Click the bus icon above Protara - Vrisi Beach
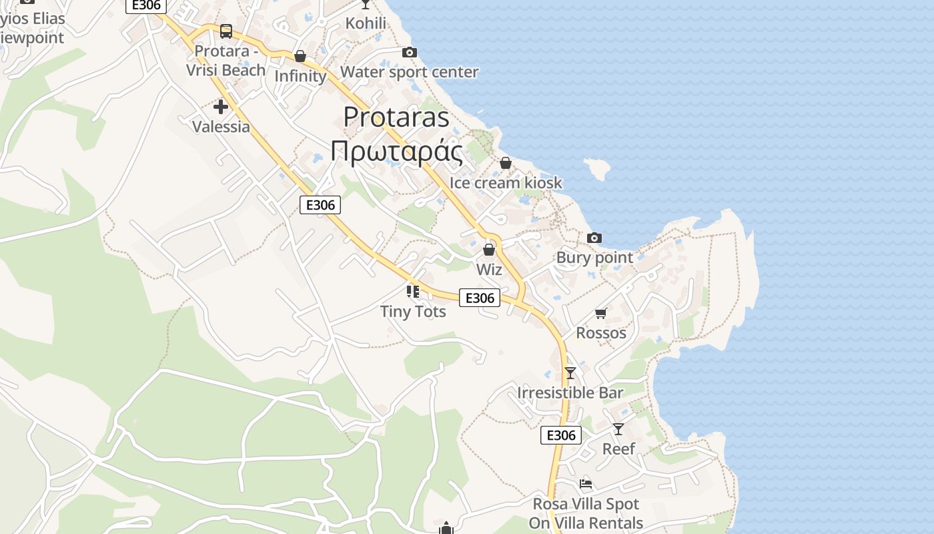(226, 31)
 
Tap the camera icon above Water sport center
(409, 53)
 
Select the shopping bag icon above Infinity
(300, 57)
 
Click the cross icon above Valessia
(221, 107)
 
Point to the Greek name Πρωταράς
(396, 152)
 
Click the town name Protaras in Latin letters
(396, 117)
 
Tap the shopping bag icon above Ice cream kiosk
(506, 164)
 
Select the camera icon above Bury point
(594, 238)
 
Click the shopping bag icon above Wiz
(489, 250)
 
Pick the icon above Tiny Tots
(413, 292)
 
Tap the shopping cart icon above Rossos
(601, 313)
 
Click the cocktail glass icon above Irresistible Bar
(570, 373)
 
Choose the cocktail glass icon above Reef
(618, 429)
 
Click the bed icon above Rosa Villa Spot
(586, 484)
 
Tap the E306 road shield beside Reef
(560, 435)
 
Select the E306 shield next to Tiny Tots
(479, 298)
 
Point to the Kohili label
(366, 23)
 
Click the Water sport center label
(409, 72)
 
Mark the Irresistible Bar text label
(570, 392)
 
